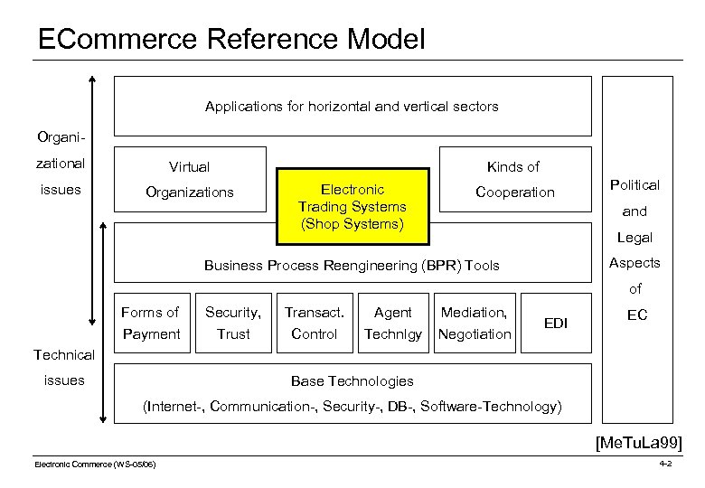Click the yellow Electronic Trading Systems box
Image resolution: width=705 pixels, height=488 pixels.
tap(352, 206)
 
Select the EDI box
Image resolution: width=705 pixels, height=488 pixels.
tap(554, 323)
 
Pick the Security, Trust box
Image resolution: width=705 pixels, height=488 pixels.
tap(233, 323)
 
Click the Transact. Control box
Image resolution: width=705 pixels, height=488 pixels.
tap(314, 323)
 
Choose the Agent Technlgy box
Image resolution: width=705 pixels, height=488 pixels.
tap(392, 323)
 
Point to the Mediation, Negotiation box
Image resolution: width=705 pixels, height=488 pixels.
tap(475, 323)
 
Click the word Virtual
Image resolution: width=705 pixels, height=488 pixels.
tap(190, 167)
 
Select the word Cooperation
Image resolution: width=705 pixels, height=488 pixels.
tap(515, 192)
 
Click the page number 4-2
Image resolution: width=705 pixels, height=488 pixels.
tap(665, 464)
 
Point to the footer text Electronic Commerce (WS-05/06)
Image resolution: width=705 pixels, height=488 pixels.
tap(95, 465)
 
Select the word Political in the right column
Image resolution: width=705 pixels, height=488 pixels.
tap(634, 185)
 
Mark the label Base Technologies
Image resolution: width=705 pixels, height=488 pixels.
tap(352, 381)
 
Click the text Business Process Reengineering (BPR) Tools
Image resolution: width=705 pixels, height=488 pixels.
tap(352, 266)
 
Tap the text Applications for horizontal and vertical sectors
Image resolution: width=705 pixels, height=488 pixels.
tap(352, 107)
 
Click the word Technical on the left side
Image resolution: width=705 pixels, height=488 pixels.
tap(63, 355)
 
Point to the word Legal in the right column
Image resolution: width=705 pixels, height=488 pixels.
tap(634, 238)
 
